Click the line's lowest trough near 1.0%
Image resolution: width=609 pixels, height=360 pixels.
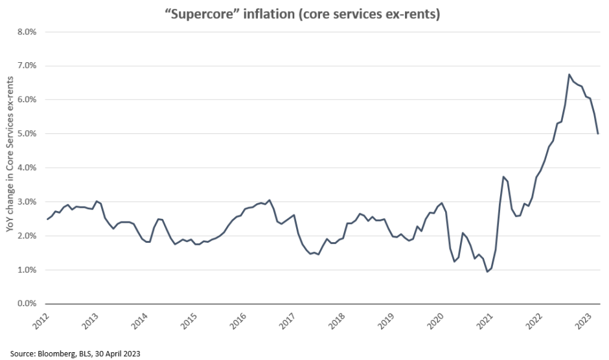coord(487,271)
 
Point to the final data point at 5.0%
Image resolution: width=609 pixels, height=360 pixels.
coord(598,133)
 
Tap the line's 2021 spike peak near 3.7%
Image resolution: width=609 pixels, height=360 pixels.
coord(503,176)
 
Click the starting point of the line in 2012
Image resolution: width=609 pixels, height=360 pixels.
coord(47,219)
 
